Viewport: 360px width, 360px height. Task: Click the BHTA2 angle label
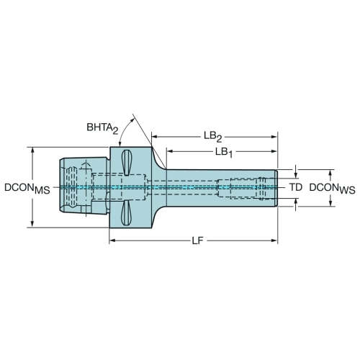click(x=102, y=128)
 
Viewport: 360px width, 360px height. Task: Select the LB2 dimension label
click(x=213, y=137)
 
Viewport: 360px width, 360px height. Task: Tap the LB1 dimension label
click(x=224, y=153)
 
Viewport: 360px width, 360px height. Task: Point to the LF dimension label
click(x=197, y=240)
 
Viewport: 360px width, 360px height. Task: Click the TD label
click(x=296, y=187)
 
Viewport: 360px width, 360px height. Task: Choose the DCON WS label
click(x=332, y=188)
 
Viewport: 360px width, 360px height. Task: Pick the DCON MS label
click(x=27, y=188)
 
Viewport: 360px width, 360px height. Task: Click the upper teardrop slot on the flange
click(x=127, y=163)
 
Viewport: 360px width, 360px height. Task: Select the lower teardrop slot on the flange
click(x=126, y=212)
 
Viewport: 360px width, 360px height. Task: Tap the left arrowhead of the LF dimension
click(x=112, y=240)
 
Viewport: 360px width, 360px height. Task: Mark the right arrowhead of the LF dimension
click(x=274, y=240)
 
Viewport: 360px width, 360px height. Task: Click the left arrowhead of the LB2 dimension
click(x=155, y=137)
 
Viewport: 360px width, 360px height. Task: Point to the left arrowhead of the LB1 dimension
click(x=170, y=151)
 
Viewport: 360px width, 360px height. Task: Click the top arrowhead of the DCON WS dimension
click(x=330, y=174)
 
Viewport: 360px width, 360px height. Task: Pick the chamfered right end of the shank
click(x=276, y=188)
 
